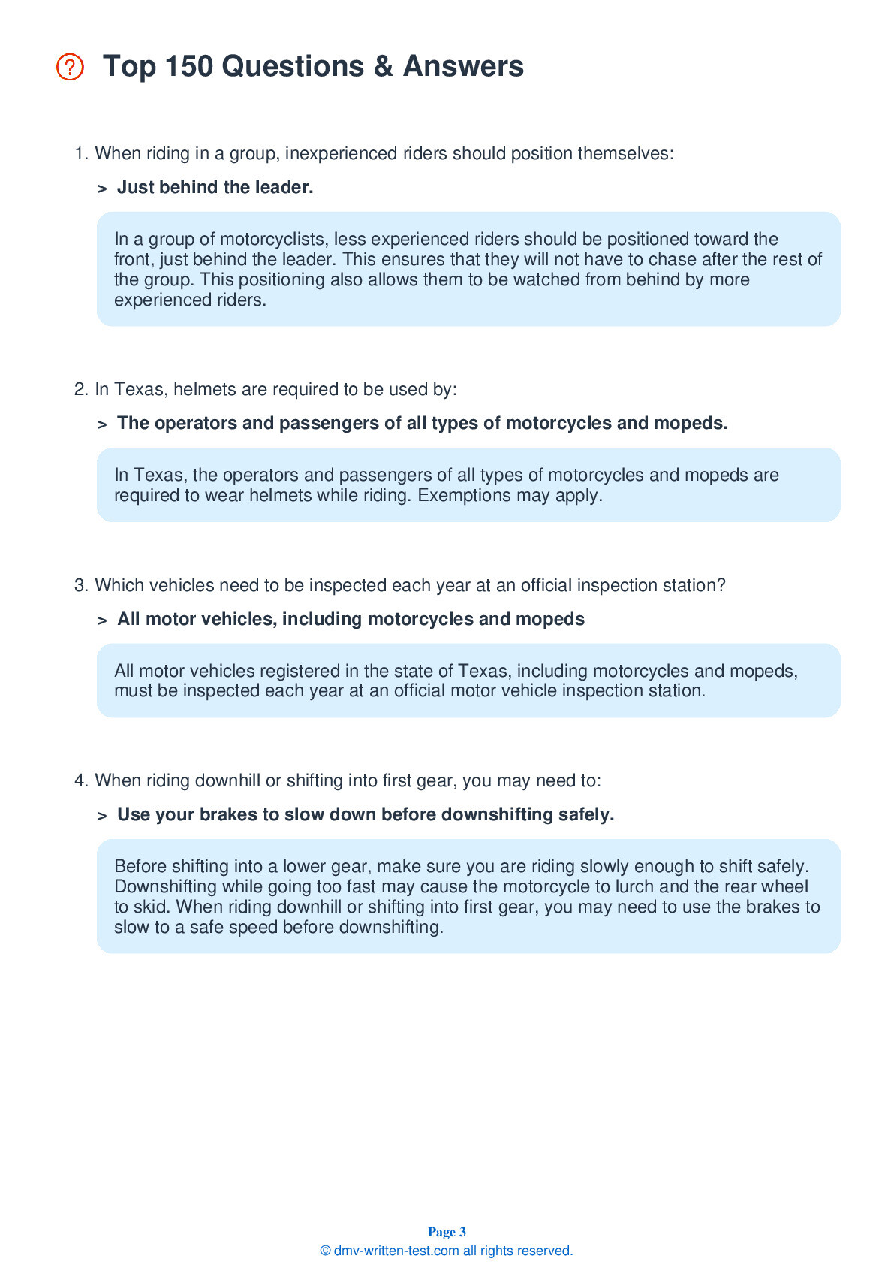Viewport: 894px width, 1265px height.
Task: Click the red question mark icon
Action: coord(70,67)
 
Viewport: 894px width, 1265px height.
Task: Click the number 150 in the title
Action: coord(188,66)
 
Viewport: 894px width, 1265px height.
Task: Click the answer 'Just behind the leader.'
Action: coord(215,187)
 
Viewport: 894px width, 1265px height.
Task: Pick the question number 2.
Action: coord(80,390)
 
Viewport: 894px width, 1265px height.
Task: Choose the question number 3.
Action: coord(80,586)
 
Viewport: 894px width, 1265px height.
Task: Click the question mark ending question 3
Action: coord(721,586)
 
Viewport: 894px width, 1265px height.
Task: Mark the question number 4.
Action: coord(80,781)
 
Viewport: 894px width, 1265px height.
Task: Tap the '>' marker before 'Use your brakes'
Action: coord(102,816)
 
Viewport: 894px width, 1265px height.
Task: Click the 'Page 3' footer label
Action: coord(447,1232)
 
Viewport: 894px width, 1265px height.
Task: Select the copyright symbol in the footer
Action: coord(325,1251)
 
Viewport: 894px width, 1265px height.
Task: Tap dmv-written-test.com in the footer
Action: coord(396,1251)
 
